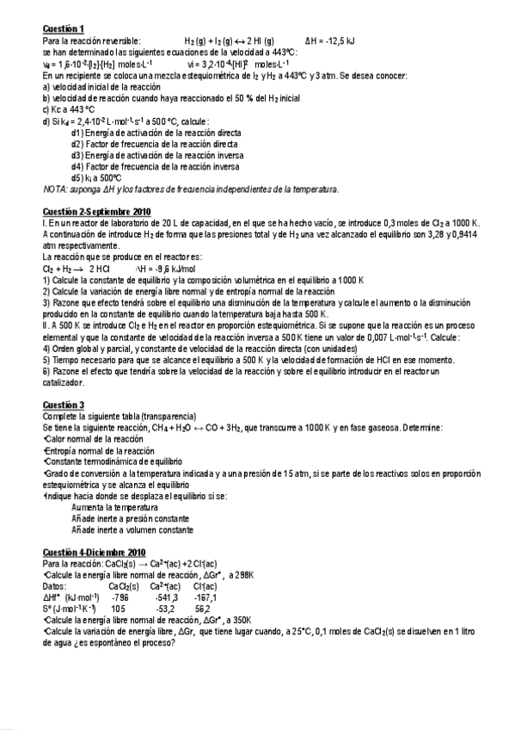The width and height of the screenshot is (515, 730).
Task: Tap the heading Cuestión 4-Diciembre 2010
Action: [95, 552]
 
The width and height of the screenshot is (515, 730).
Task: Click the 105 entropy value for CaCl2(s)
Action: [119, 607]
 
